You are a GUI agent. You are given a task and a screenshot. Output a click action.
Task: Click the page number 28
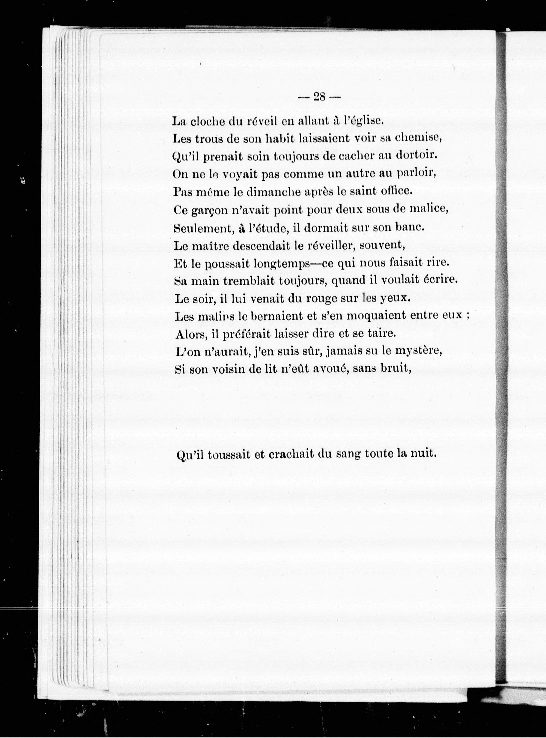[319, 97]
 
